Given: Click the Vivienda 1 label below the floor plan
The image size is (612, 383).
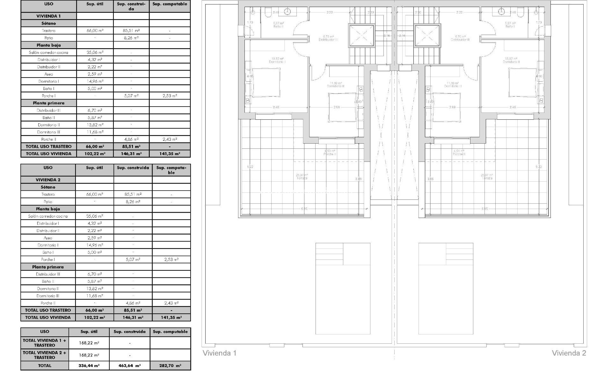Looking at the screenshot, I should click(x=219, y=353).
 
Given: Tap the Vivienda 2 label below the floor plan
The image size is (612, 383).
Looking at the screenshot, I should click(x=569, y=353).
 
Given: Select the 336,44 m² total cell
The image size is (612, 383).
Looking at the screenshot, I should click(x=89, y=366).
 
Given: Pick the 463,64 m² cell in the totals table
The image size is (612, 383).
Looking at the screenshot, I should click(x=129, y=366).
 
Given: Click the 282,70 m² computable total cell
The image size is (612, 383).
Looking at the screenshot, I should click(x=170, y=366).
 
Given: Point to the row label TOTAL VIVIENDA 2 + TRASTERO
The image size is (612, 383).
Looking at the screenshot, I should click(x=45, y=355).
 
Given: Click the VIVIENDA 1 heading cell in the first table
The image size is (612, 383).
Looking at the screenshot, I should click(x=48, y=16).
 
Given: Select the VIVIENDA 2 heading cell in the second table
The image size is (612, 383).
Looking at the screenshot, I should click(x=48, y=180).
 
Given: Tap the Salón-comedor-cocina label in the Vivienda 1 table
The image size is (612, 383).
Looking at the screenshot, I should click(x=48, y=52).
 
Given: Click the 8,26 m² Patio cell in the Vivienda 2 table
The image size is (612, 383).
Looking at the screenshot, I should click(x=133, y=202).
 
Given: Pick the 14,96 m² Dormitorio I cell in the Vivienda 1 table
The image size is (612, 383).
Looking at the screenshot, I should click(x=95, y=81).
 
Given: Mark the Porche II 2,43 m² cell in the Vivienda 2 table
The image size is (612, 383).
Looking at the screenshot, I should click(x=171, y=303).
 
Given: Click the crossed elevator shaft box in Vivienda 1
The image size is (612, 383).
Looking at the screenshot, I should click(x=361, y=36).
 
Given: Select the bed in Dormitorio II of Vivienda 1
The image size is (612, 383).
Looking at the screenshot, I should click(x=266, y=82).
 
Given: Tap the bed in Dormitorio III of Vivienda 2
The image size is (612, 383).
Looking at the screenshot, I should click(x=447, y=107).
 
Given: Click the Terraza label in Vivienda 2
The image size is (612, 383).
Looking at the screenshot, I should click(x=487, y=178).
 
